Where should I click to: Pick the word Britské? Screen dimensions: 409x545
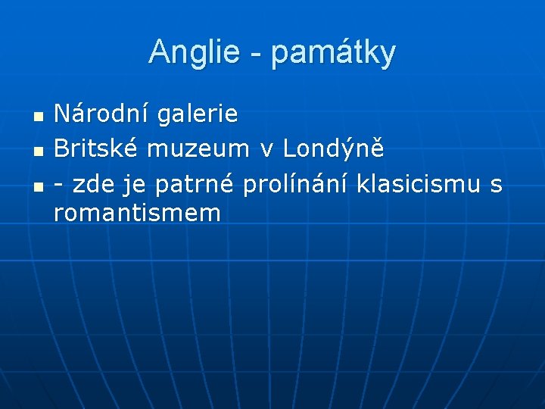[95, 149]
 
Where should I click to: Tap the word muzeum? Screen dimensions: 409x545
[198, 150]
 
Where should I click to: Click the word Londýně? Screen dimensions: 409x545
[334, 149]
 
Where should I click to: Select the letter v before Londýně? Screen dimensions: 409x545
[266, 151]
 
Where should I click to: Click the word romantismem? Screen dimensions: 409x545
[137, 214]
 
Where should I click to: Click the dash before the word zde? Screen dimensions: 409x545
[60, 185]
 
